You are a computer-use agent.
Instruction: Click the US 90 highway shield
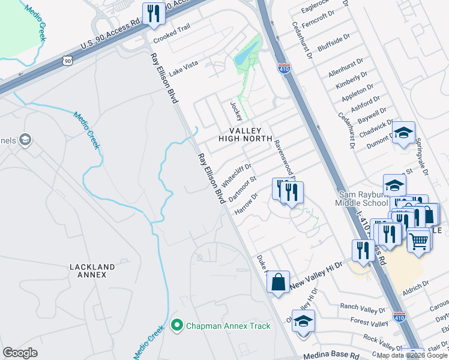67,60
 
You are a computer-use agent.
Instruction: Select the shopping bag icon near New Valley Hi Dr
279,282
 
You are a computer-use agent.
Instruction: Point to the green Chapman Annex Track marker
176,326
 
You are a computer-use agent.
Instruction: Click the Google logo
20,353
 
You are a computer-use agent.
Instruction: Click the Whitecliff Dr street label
237,174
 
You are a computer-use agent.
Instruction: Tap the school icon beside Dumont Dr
403,133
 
